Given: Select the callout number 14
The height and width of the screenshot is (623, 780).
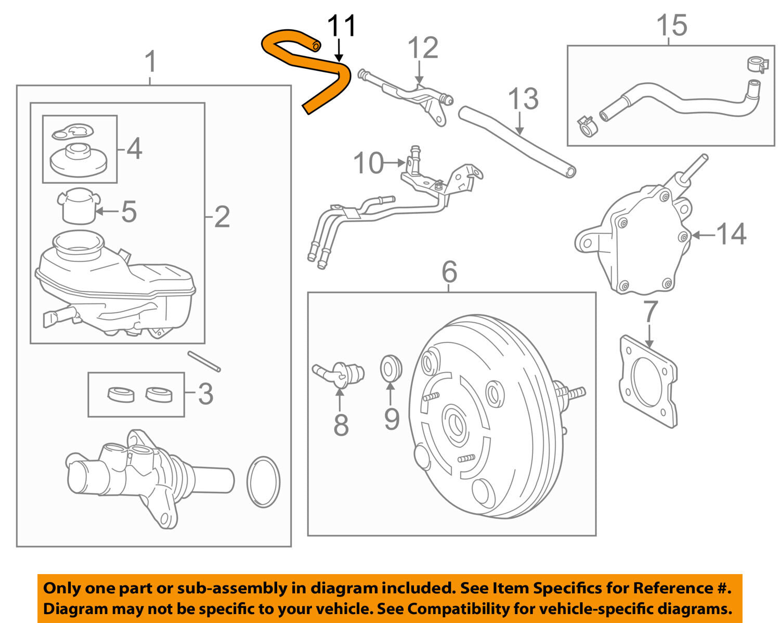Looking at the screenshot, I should coord(731,234).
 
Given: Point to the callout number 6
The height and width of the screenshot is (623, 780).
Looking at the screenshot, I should coord(449,271).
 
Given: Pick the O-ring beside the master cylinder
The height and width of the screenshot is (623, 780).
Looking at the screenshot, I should coord(263,481).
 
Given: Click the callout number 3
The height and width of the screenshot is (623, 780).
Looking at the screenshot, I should coord(205,394).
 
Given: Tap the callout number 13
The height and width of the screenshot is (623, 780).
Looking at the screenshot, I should coord(523,99).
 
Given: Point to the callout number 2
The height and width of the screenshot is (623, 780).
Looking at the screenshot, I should coord(222,217).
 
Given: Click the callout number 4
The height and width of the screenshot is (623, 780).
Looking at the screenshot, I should coord(134,149).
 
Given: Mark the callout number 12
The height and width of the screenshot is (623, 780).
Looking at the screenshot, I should coord(423,48).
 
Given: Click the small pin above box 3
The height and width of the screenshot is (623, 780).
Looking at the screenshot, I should coord(204,362).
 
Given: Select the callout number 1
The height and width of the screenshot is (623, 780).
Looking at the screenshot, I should coord(150,62).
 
